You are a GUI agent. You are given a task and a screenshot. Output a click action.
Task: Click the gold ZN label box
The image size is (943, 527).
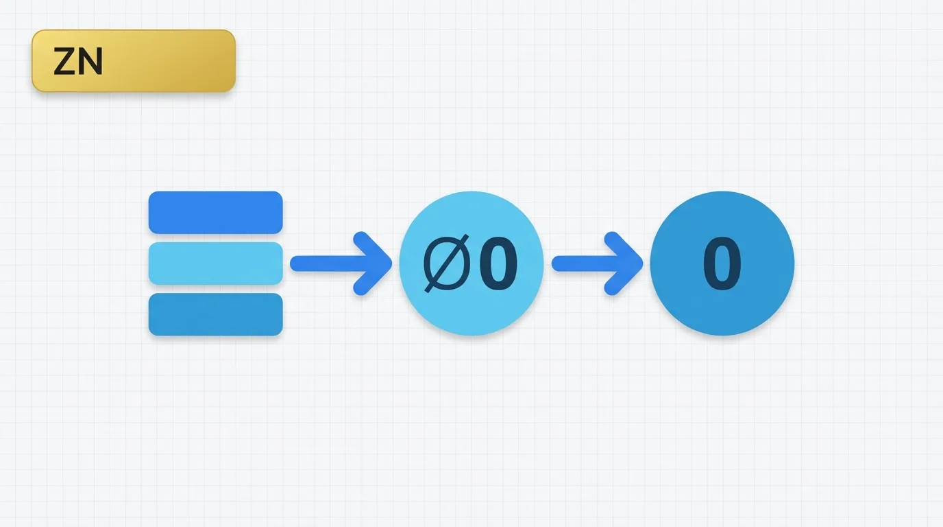tap(134, 61)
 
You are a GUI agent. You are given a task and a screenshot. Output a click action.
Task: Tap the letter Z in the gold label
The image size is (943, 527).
tap(64, 63)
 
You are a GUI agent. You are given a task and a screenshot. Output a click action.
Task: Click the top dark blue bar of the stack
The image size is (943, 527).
tap(215, 212)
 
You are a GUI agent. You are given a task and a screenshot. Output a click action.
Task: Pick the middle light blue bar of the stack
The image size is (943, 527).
tap(215, 263)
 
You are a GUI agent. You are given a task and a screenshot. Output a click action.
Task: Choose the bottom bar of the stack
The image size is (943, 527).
tap(215, 314)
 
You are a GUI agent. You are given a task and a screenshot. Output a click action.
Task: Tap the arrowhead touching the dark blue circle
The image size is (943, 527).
tap(628, 263)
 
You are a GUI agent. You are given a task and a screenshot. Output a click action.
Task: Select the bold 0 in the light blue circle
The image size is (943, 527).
tap(498, 264)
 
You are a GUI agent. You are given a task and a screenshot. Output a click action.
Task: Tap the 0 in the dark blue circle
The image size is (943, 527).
tap(722, 264)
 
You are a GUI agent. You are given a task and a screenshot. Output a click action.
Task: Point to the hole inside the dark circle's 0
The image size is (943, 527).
tap(722, 264)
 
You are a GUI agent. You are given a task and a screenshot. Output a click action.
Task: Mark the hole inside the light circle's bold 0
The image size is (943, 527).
tap(498, 264)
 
